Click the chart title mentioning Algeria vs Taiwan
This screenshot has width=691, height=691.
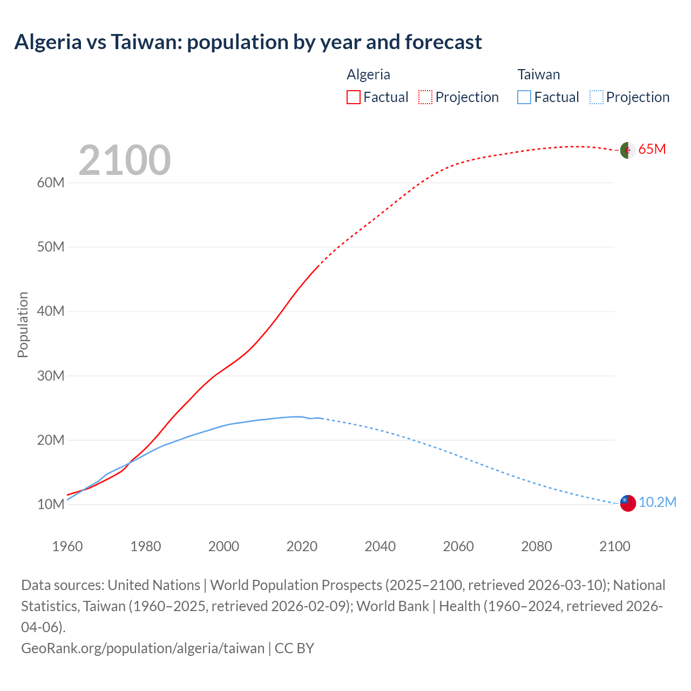(248, 42)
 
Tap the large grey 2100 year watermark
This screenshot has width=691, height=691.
(125, 160)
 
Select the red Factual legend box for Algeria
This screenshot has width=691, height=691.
(354, 97)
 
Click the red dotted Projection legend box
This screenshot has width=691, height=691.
(425, 97)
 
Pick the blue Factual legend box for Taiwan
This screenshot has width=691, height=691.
(524, 97)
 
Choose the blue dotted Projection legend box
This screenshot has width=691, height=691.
(596, 97)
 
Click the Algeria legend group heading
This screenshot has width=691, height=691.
(368, 74)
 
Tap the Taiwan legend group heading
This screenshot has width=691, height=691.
(538, 74)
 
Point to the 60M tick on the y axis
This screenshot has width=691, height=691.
(51, 183)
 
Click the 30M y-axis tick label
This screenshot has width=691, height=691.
(51, 376)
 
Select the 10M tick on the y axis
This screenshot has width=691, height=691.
(51, 505)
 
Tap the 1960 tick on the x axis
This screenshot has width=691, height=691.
(67, 546)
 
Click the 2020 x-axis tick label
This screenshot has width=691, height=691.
(302, 546)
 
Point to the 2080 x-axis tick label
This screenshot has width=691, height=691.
(537, 546)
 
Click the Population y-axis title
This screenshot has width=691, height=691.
(23, 324)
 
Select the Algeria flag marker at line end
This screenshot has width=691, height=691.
(627, 150)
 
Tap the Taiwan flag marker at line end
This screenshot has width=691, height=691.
(627, 503)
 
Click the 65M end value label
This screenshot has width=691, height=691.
(652, 150)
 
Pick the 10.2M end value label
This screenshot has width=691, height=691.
(658, 503)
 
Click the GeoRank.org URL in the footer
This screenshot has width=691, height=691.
(143, 648)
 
